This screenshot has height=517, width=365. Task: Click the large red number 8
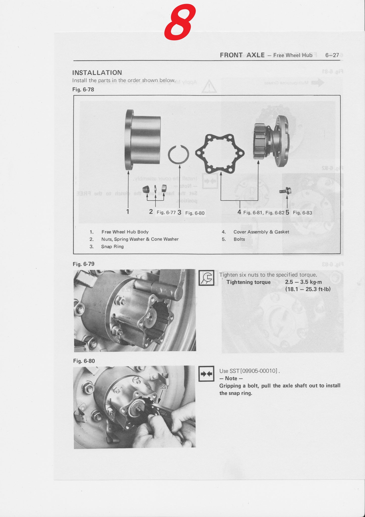pos(180,22)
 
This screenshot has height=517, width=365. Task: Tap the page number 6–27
pos(332,55)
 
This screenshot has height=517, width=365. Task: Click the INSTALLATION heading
pos(97,73)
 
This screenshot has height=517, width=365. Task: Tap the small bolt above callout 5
pos(285,191)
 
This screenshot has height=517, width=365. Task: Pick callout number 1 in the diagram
pos(128,212)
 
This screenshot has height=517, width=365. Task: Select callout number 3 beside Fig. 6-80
pos(179,212)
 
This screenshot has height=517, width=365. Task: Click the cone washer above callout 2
pos(146,189)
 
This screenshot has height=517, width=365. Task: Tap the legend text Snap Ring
pos(112,246)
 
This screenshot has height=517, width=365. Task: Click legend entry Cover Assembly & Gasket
pos(261,232)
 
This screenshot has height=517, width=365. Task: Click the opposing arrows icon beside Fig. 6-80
pos(206,374)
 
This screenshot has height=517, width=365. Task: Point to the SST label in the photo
pos(165,387)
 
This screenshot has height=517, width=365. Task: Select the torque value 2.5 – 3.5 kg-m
pos(303,282)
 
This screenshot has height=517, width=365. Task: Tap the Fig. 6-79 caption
pos(84,264)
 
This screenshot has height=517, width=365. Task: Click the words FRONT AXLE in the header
pos(242,55)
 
